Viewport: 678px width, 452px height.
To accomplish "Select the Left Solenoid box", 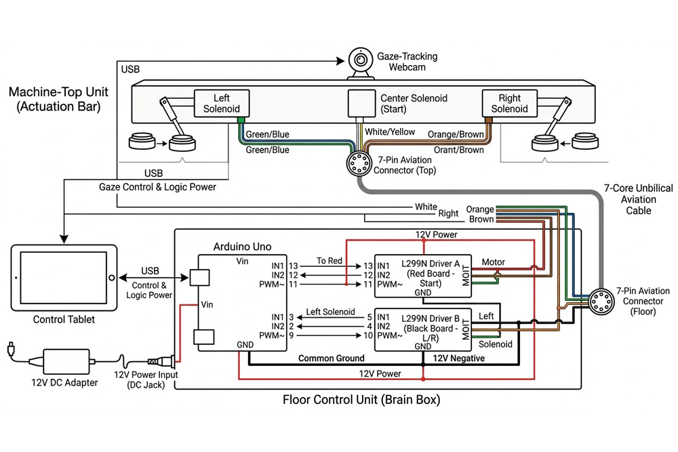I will (217, 103).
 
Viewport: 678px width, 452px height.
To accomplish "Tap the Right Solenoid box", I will (509, 103).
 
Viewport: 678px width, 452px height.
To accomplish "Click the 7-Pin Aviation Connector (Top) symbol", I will (357, 164).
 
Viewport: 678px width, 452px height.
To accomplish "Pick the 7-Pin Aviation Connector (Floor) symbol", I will (599, 301).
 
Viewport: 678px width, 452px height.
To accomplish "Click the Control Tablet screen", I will (62, 278).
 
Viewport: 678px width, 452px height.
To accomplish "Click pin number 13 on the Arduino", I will (293, 265).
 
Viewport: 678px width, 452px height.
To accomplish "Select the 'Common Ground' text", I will (332, 358).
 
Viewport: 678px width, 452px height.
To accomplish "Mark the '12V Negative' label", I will (458, 358).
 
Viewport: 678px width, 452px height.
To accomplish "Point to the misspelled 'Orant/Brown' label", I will (458, 150).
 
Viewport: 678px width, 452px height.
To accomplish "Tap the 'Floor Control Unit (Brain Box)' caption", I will (361, 400).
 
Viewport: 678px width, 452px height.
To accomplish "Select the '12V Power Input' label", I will (145, 375).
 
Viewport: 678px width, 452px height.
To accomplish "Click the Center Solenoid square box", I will (361, 103).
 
